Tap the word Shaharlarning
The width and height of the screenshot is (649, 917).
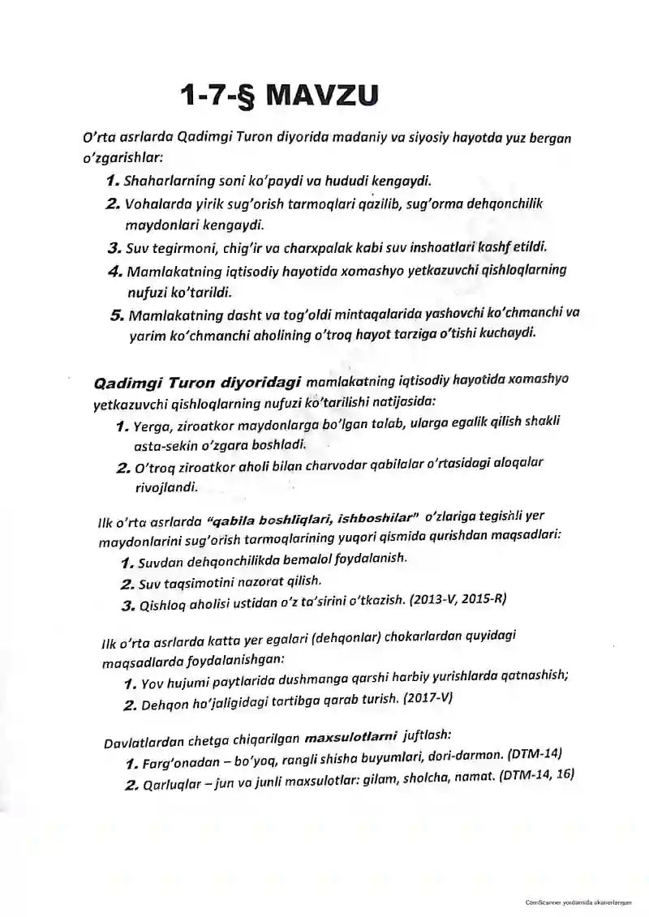pyautogui.click(x=163, y=178)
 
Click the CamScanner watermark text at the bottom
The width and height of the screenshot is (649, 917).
pyautogui.click(x=578, y=902)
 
